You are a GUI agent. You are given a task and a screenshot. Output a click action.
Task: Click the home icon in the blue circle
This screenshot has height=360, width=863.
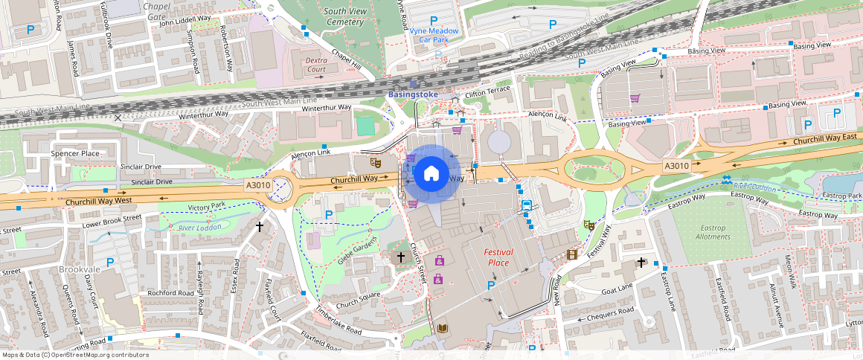[x=431, y=173]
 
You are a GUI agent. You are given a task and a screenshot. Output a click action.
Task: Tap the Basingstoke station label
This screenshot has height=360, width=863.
[x=414, y=94]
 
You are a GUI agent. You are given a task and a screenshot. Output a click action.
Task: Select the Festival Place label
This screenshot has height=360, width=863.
[x=498, y=257]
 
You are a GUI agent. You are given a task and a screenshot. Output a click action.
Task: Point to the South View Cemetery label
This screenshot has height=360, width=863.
[x=344, y=16]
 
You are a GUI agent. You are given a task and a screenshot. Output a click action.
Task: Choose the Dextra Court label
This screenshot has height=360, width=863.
[x=316, y=64]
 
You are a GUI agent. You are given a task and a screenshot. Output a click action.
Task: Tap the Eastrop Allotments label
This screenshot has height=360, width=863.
[x=713, y=231]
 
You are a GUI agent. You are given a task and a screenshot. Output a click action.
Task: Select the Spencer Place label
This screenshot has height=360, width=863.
[x=75, y=153]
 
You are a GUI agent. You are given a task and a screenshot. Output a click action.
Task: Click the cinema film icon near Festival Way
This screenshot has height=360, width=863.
[x=571, y=254]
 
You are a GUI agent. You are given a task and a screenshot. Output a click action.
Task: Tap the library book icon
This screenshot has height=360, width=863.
[x=443, y=328]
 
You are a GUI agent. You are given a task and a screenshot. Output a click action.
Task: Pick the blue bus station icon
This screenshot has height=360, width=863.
[x=526, y=205]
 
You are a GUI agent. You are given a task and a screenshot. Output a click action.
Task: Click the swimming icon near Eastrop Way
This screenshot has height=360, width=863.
[x=725, y=179]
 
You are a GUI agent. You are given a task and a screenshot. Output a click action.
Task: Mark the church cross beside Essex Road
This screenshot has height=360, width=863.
[x=260, y=226]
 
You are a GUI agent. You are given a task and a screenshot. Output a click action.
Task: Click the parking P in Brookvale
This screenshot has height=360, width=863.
[x=110, y=262]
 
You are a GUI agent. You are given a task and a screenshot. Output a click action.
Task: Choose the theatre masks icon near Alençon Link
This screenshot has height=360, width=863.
[x=376, y=161]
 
